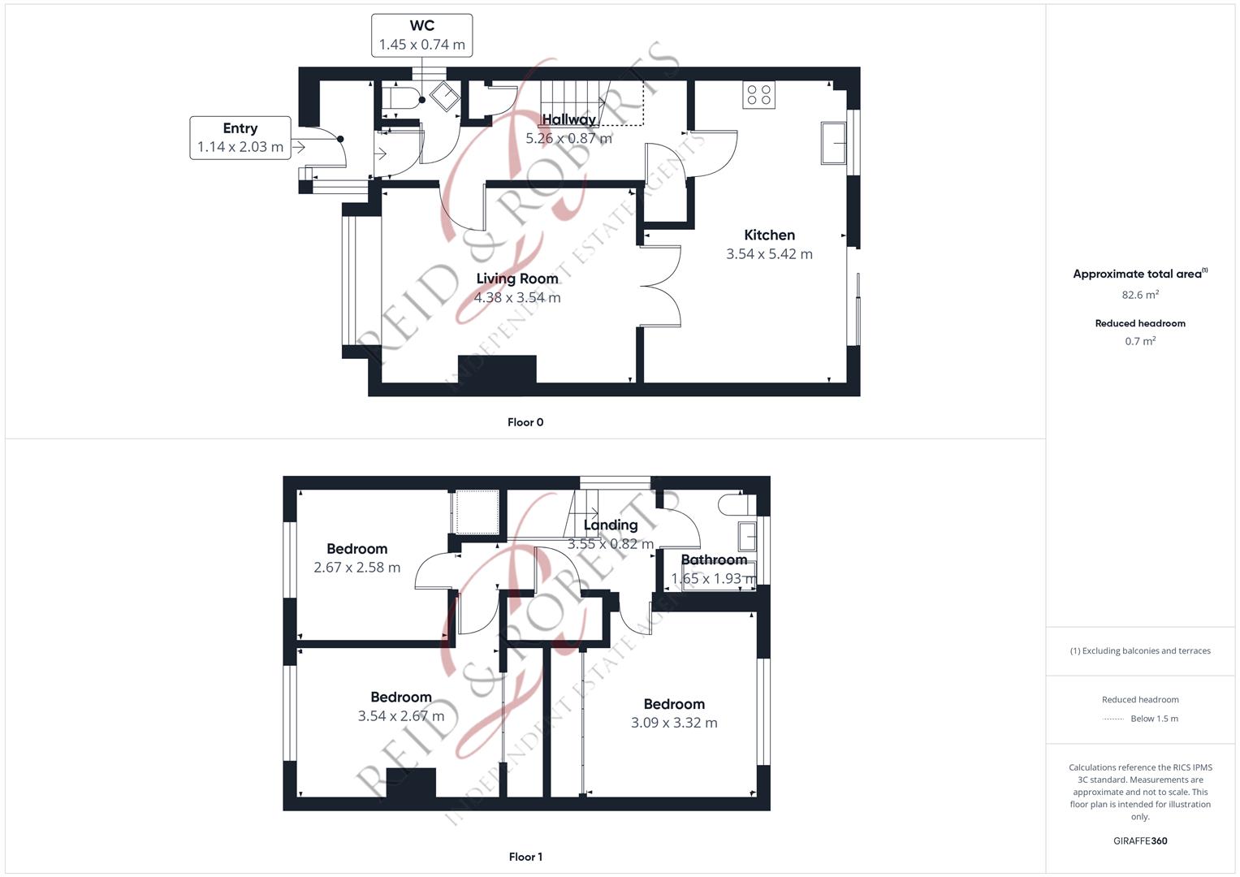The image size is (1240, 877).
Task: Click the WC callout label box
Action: point(421,36)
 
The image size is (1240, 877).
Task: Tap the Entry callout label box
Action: point(240,138)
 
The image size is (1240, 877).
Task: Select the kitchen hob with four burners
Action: point(758,95)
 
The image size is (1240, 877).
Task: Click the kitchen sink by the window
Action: point(834,143)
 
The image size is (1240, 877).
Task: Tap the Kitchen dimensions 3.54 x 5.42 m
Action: point(770,254)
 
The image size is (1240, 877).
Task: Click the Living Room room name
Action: point(517,279)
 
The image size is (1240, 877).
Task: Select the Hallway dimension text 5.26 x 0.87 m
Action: point(568,138)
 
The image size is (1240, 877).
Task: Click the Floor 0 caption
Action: point(525,422)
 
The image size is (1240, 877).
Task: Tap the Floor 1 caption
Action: point(525,857)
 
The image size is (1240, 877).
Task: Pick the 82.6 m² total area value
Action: point(1140,295)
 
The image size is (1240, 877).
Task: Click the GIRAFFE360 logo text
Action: point(1140,841)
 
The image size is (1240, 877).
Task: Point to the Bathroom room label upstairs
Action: point(714,559)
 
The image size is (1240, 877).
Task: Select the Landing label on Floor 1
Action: point(611,525)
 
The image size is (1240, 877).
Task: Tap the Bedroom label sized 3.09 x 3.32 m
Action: point(674,704)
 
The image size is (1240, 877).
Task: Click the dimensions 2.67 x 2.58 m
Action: point(357,568)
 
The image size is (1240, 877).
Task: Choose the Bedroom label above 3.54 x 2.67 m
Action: point(401,697)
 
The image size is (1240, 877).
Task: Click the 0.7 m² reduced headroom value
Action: point(1140,341)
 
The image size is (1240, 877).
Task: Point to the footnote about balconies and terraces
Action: point(1140,651)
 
